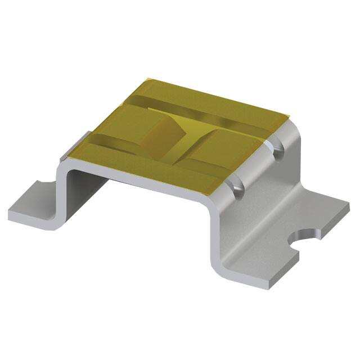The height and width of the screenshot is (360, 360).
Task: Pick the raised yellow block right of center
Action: [219, 152]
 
